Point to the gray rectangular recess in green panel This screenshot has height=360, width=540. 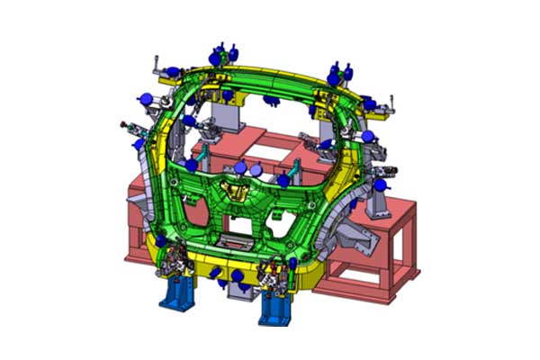point(235,240)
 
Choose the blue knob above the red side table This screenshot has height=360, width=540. point(379,184)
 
